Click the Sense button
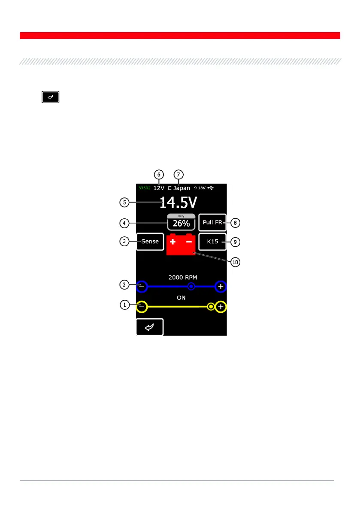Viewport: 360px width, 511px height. (150, 242)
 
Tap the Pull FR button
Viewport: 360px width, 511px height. (212, 223)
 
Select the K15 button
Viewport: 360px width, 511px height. (212, 242)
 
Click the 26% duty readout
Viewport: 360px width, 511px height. (181, 223)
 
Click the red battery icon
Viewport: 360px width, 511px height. (181, 245)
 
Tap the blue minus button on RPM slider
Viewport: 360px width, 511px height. (142, 286)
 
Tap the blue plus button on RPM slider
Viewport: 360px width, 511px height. (221, 286)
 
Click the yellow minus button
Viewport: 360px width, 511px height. (142, 307)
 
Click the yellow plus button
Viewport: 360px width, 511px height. (221, 307)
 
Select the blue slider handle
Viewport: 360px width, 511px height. (192, 286)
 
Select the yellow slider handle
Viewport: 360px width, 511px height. (211, 307)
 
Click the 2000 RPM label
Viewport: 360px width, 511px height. (181, 277)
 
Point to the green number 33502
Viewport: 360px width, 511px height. (144, 188)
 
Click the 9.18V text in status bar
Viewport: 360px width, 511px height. (200, 188)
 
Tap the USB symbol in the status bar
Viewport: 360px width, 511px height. (211, 188)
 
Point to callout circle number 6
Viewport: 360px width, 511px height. (159, 174)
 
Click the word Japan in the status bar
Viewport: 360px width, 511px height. (182, 188)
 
